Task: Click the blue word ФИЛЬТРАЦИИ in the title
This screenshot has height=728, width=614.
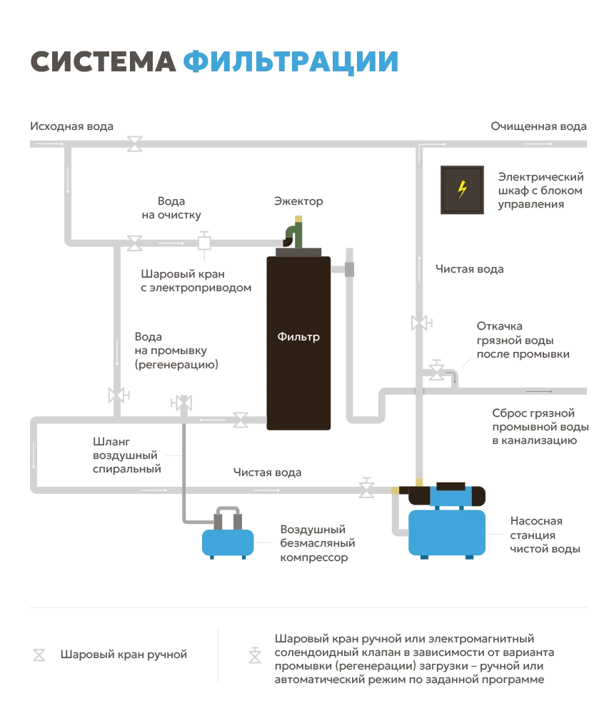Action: click(291, 63)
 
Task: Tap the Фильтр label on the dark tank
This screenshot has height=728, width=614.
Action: click(298, 337)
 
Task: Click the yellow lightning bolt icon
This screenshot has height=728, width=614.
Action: click(462, 190)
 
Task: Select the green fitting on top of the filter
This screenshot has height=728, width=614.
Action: click(294, 233)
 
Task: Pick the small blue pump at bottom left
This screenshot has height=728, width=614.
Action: click(228, 542)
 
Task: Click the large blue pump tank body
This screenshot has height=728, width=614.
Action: click(446, 531)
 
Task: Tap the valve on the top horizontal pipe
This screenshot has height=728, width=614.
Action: click(134, 142)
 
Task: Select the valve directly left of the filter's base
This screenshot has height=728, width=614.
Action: click(241, 420)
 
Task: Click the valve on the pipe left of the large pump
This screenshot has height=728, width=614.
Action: click(366, 490)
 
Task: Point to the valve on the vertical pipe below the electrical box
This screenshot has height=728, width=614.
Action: click(422, 323)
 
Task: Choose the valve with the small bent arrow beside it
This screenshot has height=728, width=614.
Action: click(436, 372)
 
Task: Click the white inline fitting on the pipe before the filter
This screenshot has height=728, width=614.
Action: click(204, 243)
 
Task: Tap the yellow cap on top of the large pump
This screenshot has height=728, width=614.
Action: click(420, 483)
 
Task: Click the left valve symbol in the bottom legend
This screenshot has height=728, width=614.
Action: click(37, 653)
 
